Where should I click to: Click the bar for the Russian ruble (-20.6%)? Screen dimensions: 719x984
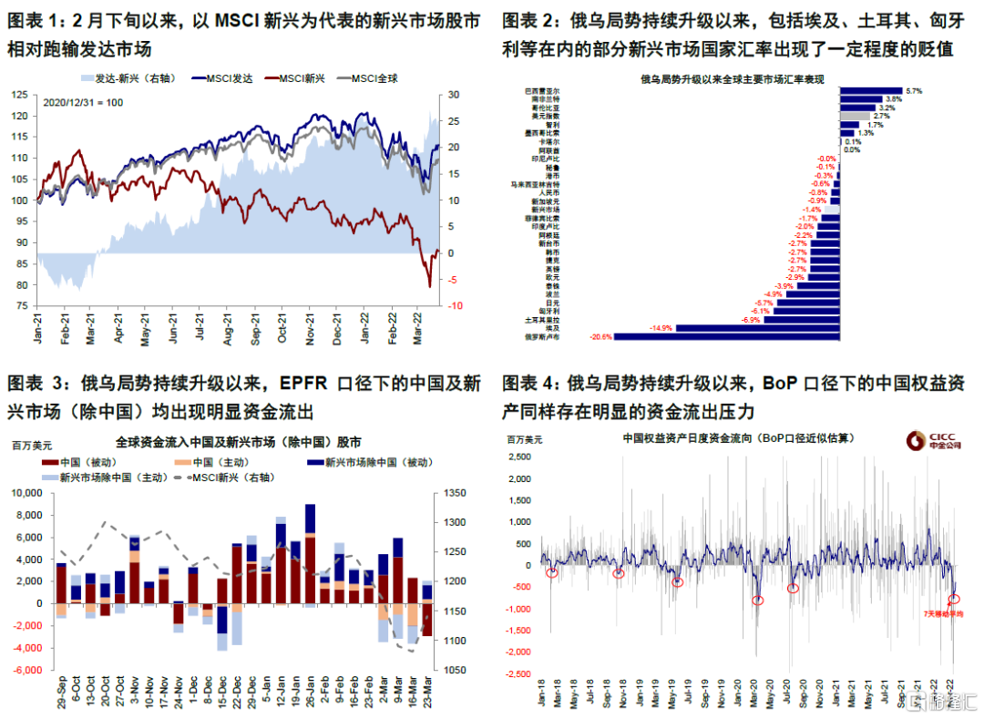[x=727, y=336]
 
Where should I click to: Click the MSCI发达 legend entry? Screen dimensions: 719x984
[x=223, y=79]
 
